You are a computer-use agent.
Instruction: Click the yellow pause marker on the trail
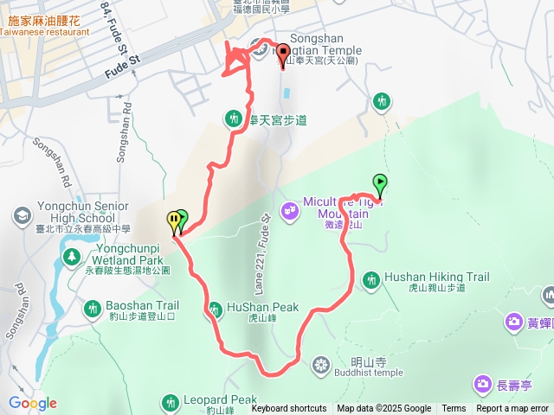[x=174, y=221]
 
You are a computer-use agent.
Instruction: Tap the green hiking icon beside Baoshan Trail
[x=93, y=307]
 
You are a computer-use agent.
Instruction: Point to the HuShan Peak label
[x=262, y=307]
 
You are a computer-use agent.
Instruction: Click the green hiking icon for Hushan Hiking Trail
[x=371, y=279]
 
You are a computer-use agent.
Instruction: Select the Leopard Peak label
[x=220, y=400]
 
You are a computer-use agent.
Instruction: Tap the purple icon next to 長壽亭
[x=482, y=384]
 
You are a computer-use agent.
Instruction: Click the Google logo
[x=33, y=403]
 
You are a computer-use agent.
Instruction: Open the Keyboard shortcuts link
[x=289, y=409]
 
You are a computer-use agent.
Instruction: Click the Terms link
[x=454, y=409]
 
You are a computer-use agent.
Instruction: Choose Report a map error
[x=512, y=409]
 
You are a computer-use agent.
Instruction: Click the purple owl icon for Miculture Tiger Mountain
[x=289, y=208]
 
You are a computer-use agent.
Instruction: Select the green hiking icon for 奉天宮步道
[x=233, y=118]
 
